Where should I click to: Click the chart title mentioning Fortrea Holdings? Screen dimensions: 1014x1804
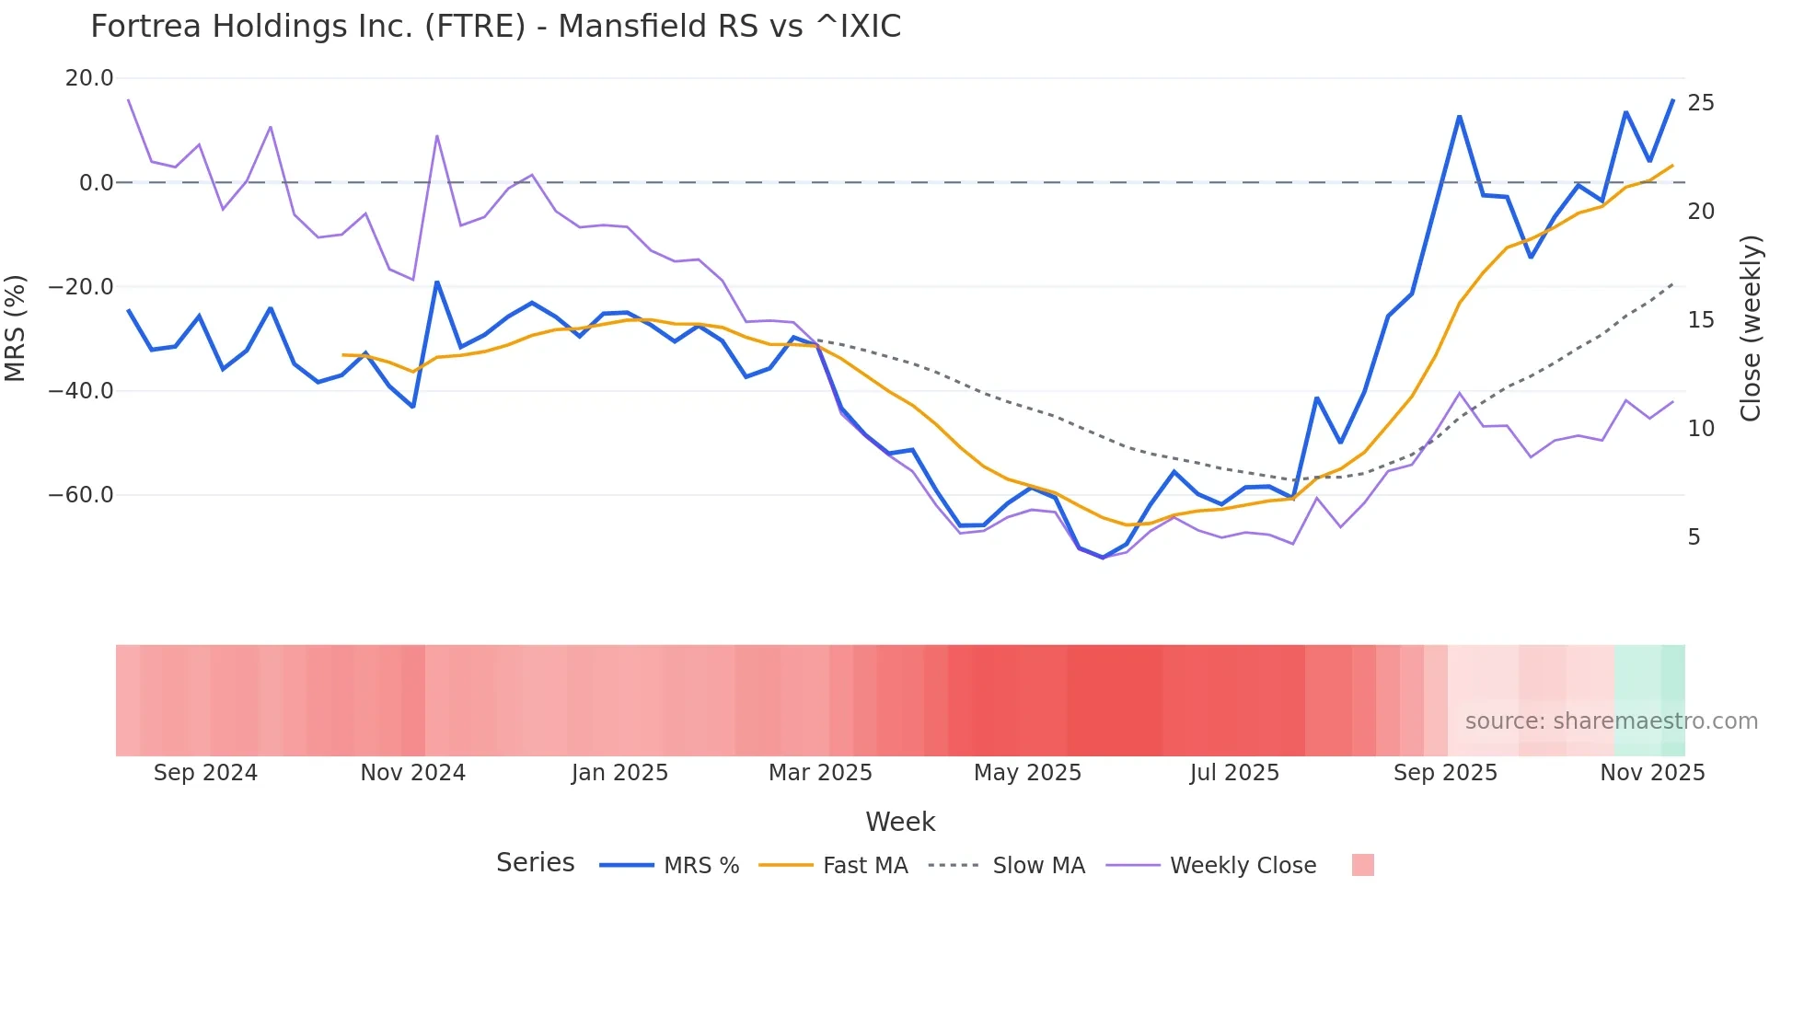pos(495,27)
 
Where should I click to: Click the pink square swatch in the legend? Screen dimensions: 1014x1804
pos(1362,865)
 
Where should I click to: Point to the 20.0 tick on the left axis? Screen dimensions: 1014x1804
pos(89,78)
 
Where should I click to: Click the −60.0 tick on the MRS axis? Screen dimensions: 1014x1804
pos(81,495)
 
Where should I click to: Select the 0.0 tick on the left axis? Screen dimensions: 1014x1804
pos(96,182)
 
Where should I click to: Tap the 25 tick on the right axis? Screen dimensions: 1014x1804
pos(1701,103)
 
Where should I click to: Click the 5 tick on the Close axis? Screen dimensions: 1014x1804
pos(1694,537)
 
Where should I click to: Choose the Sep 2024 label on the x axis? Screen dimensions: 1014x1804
pos(205,773)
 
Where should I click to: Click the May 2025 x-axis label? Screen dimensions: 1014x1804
pos(1027,773)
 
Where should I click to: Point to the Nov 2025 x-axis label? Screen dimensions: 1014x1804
pos(1652,773)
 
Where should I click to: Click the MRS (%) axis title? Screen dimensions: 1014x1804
pos(16,328)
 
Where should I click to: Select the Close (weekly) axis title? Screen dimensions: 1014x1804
pos(1751,328)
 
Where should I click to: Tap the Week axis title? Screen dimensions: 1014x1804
pos(900,822)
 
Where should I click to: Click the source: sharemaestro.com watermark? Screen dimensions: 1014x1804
pos(1611,721)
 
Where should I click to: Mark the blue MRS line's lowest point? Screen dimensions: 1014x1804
pos(1103,558)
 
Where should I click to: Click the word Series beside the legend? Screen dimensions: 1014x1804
pos(535,863)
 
